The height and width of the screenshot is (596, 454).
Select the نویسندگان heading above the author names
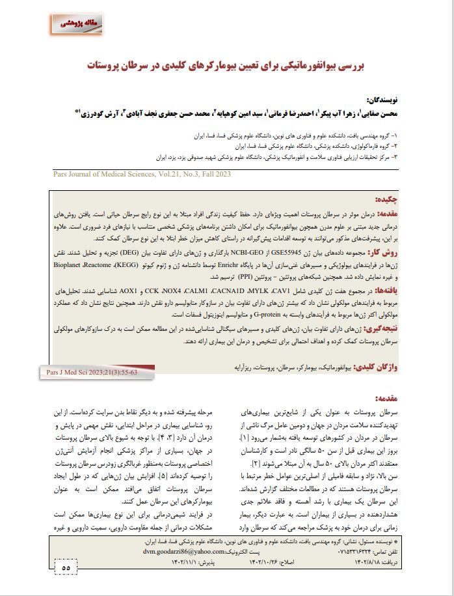point(384,100)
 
